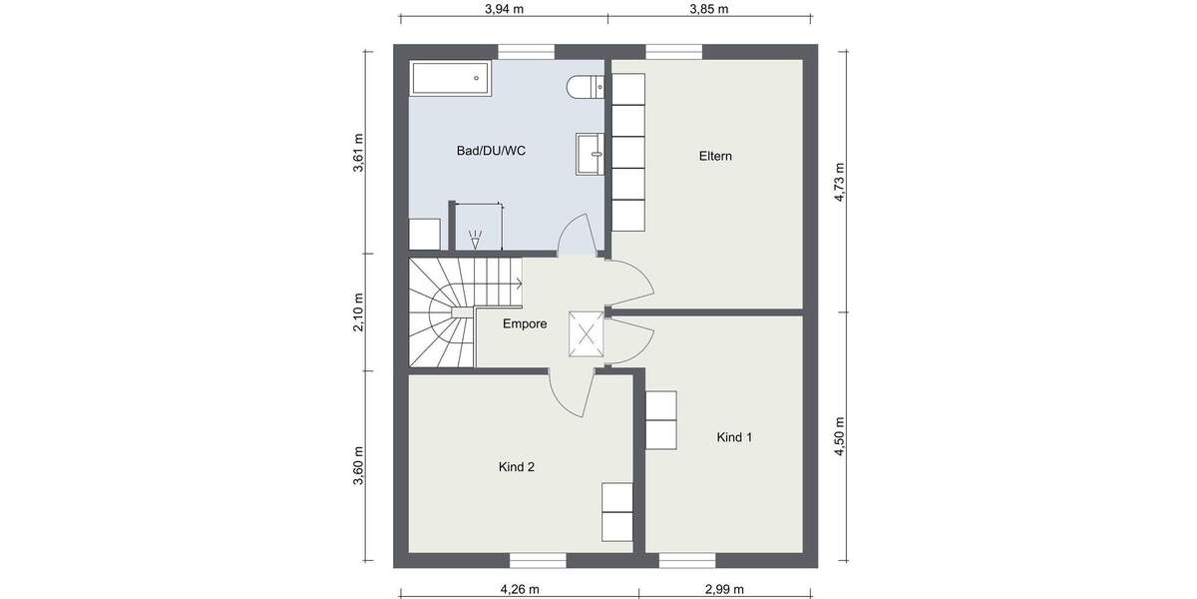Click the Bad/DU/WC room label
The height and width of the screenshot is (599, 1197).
tap(490, 152)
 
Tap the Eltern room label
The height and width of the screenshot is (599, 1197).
tap(716, 156)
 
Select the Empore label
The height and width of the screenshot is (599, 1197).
tap(524, 323)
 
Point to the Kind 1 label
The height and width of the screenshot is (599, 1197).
tap(734, 437)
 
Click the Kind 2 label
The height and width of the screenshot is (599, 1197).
tap(517, 466)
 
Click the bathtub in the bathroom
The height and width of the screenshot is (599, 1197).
tap(450, 79)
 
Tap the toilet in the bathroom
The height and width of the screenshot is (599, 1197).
tap(584, 88)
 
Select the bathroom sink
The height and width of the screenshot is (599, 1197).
tap(590, 153)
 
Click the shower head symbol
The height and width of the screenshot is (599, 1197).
tap(477, 240)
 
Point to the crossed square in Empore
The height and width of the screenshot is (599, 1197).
tap(586, 333)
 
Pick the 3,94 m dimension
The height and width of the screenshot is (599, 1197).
tap(504, 10)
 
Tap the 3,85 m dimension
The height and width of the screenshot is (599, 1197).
tap(708, 10)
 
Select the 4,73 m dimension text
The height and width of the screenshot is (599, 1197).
tap(840, 183)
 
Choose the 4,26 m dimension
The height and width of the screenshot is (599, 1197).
tap(520, 589)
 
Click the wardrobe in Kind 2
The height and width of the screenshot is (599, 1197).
tap(617, 512)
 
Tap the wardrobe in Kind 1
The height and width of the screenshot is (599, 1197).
tap(661, 419)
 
